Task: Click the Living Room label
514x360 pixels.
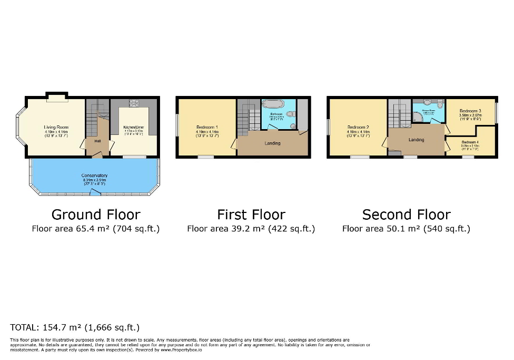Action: pos(56,127)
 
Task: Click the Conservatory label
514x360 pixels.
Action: pos(94,176)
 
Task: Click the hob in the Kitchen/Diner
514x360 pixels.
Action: pos(133,103)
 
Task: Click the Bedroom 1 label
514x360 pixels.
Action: pos(207,127)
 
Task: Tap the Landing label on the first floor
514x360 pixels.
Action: pos(272,143)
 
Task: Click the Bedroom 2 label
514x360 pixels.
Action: pos(358,127)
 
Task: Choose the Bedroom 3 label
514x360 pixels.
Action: pos(470,111)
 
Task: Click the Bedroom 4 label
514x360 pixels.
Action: pos(470,142)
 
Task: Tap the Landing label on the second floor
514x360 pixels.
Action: pos(416,140)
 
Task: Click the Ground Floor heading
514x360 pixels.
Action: pos(96,215)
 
